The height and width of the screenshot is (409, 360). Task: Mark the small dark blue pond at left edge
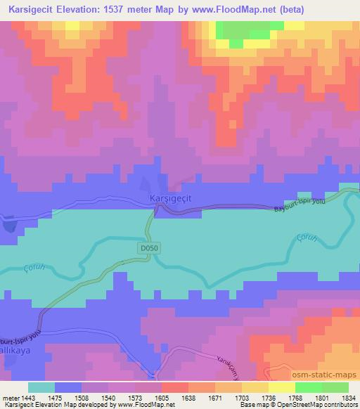pos(8,226)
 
